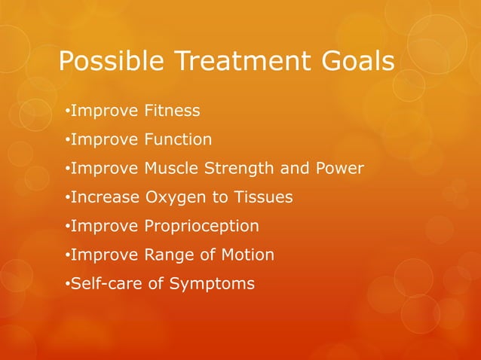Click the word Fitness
(x=171, y=111)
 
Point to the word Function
(x=177, y=140)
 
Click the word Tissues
(x=264, y=197)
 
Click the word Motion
(x=246, y=255)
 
